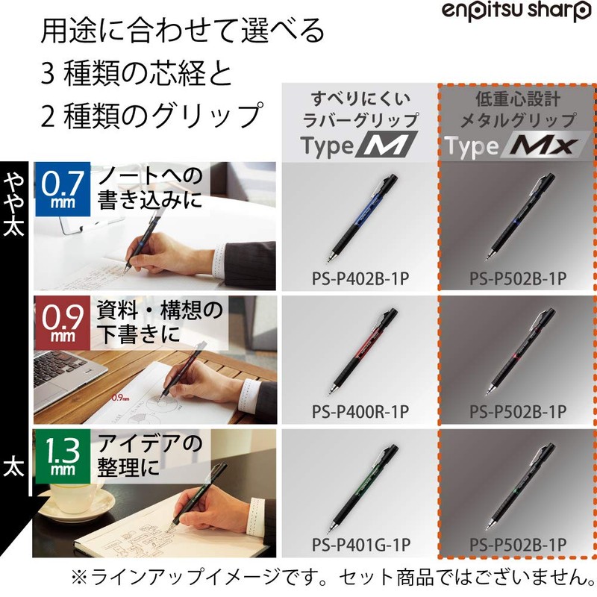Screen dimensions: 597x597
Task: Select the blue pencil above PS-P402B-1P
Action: pos(361,217)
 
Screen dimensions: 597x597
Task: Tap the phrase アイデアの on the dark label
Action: pos(150,445)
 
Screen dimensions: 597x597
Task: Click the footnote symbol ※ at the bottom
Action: pos(79,576)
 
